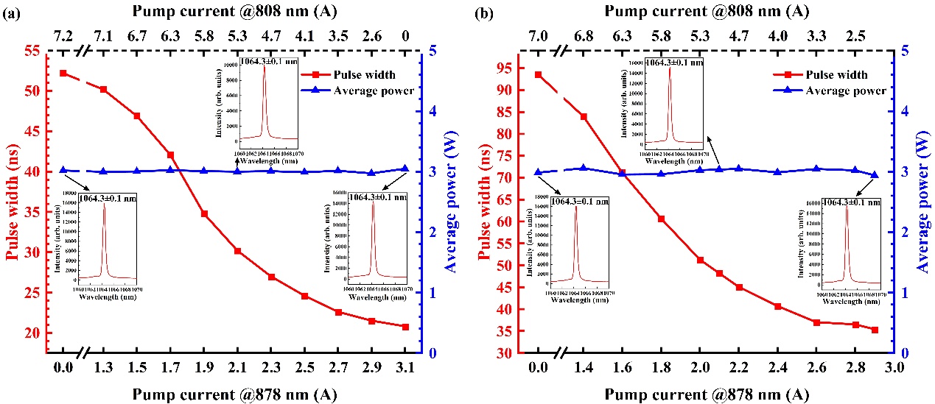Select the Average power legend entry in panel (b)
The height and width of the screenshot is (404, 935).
(x=832, y=91)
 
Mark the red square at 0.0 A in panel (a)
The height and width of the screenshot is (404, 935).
(x=63, y=74)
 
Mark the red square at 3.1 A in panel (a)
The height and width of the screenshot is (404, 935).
(x=405, y=327)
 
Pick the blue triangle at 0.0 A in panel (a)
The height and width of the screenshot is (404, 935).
(x=63, y=170)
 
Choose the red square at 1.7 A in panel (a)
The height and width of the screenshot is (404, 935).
(x=171, y=155)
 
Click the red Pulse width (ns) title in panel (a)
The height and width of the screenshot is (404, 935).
(x=13, y=202)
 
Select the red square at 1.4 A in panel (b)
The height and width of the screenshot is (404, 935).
(x=584, y=117)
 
